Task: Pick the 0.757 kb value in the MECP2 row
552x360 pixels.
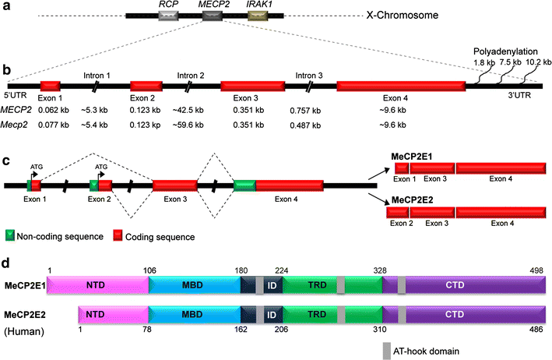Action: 308,111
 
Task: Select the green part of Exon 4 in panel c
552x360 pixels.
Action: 244,185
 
